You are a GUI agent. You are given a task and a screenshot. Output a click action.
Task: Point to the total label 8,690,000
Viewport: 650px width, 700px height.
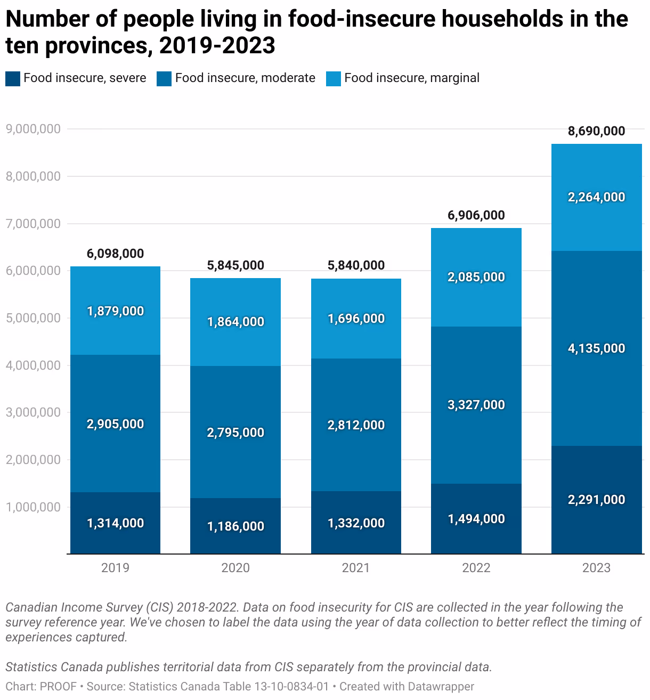[x=596, y=131]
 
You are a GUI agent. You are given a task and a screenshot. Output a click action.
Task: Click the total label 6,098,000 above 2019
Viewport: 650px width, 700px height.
[x=115, y=254]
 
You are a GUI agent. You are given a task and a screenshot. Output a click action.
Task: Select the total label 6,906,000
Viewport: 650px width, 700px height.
[x=476, y=215]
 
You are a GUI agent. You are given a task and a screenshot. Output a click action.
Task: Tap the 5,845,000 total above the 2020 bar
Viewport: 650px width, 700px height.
[x=235, y=265]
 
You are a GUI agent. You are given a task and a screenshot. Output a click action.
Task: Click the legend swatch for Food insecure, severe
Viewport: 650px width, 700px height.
[x=13, y=79]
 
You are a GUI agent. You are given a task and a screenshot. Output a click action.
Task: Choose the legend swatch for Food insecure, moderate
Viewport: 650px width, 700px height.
[x=164, y=79]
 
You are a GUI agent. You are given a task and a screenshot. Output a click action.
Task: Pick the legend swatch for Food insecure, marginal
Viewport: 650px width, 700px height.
[x=334, y=79]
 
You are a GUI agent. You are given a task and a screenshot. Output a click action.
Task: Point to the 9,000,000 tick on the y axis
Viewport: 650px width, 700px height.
[x=33, y=129]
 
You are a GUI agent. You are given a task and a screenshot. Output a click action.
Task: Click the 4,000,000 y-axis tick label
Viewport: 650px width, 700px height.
[x=33, y=365]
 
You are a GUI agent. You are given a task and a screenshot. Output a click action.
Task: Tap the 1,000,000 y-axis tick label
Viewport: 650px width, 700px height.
[x=33, y=507]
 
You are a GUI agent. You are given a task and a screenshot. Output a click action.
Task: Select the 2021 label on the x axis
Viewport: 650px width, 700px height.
[x=356, y=568]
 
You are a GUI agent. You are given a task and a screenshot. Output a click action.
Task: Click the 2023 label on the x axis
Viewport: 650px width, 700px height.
[x=596, y=568]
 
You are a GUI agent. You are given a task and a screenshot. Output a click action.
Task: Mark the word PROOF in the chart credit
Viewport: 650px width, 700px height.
[x=58, y=687]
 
